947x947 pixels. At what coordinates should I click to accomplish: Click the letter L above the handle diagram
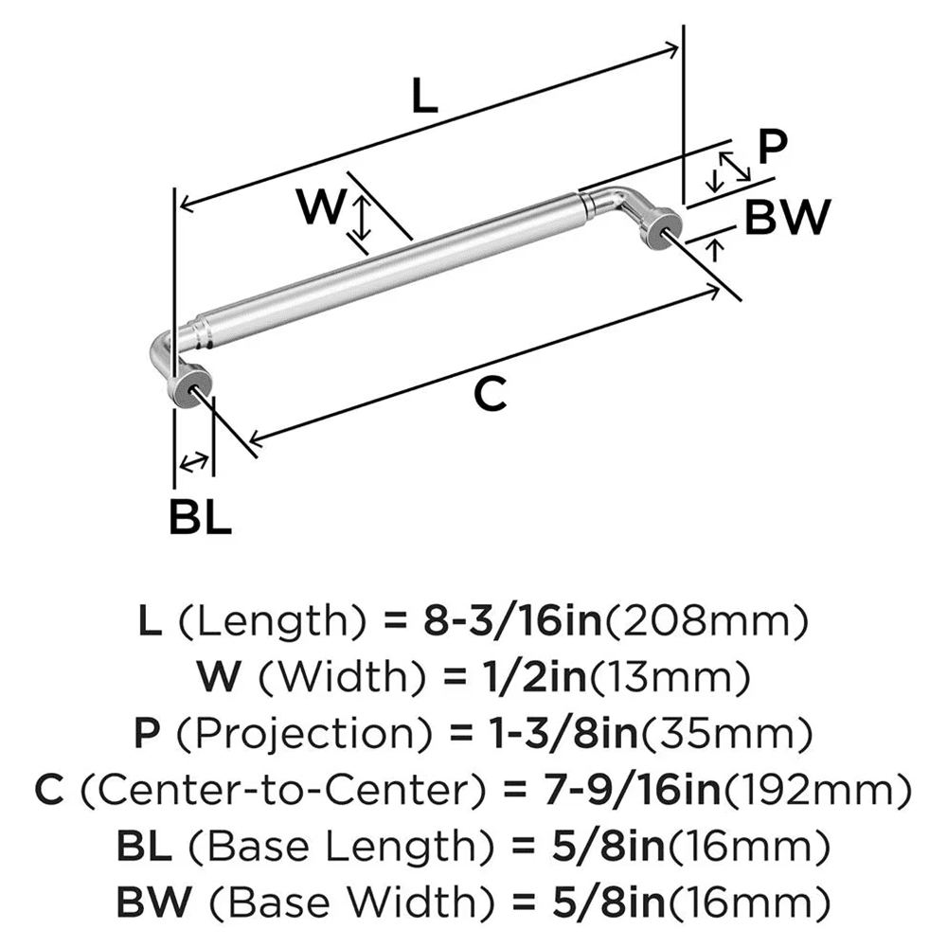427,97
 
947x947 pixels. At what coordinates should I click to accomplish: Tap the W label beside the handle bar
318,206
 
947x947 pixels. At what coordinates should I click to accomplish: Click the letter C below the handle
490,395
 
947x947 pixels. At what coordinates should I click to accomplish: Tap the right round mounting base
663,229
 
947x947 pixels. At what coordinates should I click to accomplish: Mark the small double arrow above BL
194,462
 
